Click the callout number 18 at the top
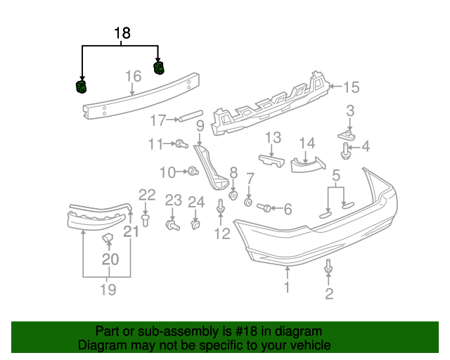click(122, 33)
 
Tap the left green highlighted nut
click(82, 86)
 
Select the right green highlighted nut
click(158, 67)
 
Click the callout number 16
click(133, 77)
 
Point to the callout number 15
click(350, 87)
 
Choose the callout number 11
click(155, 144)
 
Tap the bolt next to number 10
click(191, 170)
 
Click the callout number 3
click(349, 110)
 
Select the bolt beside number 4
click(347, 148)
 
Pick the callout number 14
click(307, 143)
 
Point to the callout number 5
click(336, 174)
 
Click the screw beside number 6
click(266, 207)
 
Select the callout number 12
click(221, 233)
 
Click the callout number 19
click(107, 290)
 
